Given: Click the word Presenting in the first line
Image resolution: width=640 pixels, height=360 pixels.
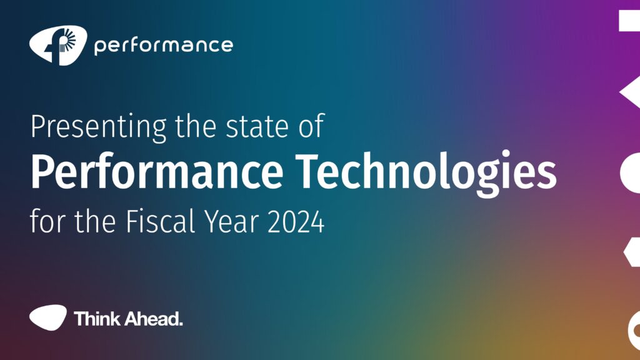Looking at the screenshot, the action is (99, 128).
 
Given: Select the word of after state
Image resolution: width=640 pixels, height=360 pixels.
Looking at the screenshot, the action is (311, 126).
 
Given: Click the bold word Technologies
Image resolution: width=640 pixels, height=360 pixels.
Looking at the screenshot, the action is (426, 173).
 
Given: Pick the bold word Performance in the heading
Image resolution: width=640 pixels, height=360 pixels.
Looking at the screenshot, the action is (157, 171).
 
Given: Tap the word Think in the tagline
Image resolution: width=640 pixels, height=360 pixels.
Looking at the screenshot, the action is (97, 318).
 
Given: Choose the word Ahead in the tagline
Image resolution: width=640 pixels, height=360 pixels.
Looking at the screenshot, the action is (154, 318).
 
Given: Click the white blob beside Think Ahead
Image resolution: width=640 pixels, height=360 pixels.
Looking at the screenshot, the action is (47, 317).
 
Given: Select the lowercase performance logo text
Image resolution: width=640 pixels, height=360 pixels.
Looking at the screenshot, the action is (163, 46).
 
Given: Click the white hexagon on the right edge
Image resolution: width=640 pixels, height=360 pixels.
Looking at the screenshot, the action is (632, 252).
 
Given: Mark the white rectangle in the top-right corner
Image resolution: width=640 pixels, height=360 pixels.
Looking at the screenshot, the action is (629, 21).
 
